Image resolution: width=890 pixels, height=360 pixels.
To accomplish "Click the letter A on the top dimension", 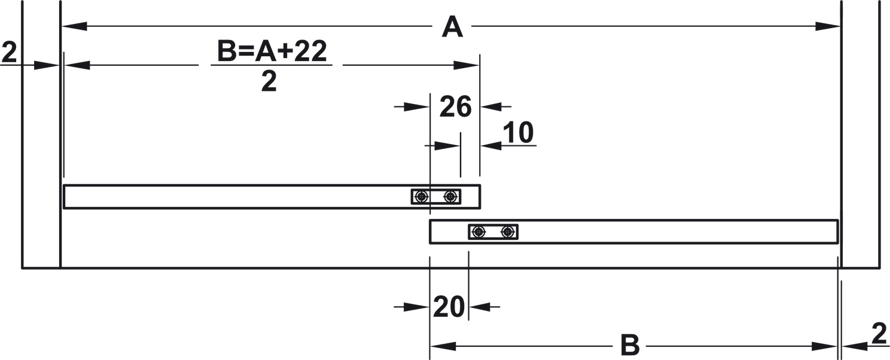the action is pos(452,28).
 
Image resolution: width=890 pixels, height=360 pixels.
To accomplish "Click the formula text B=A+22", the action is pos(272,52).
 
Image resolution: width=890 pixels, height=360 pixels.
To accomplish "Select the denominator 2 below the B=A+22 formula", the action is pos(269,82).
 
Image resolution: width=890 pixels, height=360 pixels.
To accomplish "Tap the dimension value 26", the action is pos(456,108).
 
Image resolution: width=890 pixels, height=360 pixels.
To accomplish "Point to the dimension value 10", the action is pos(518,133).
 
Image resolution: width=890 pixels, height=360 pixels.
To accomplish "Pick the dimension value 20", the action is pos(449,307).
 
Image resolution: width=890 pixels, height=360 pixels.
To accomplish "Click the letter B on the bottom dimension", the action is pos(630,346).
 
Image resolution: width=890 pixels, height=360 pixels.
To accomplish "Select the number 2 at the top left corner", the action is pos(10,53).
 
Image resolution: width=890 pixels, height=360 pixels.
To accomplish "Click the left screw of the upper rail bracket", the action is pos(422,196).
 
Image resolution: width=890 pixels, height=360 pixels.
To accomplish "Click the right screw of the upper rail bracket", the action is pos(450,196).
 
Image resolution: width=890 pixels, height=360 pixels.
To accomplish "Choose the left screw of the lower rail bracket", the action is pos(478,232).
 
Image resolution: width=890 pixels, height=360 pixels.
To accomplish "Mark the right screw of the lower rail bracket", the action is pos(508,232).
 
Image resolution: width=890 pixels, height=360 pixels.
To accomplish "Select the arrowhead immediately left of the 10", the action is pos(492,145).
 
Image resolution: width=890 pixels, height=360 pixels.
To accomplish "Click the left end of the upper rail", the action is pos(65,197).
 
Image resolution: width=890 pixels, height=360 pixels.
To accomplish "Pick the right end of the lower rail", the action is pos(836,232).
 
